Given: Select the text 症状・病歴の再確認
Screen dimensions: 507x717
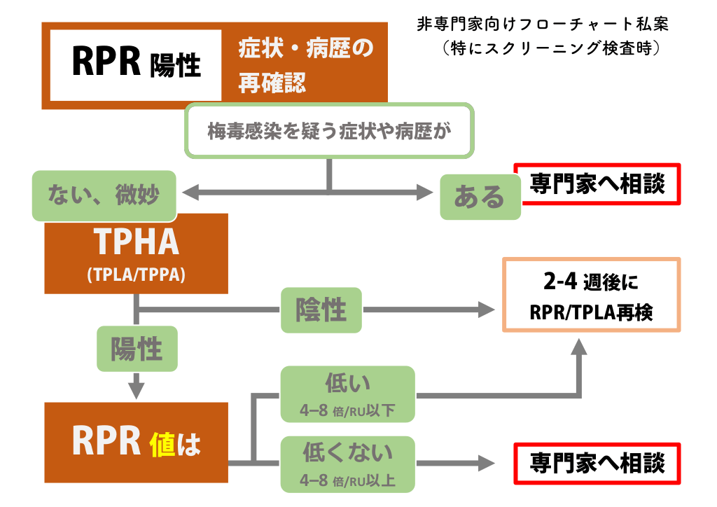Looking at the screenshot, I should [306, 66].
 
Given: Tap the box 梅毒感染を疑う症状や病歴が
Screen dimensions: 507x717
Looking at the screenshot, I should [329, 131].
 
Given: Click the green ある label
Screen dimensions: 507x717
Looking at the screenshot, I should [480, 197].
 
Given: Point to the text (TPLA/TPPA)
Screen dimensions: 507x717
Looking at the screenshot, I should [137, 275].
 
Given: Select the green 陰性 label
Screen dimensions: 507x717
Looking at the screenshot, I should [321, 310].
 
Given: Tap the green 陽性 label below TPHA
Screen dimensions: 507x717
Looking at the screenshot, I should [137, 349].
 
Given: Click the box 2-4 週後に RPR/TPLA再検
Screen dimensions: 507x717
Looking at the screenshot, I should [591, 295].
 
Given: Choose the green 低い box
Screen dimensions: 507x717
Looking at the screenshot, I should [347, 394].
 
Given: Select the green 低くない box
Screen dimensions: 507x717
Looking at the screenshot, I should [347, 464].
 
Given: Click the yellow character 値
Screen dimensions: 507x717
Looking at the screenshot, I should [165, 443].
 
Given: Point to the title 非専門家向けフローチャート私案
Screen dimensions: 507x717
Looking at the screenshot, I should [541, 24].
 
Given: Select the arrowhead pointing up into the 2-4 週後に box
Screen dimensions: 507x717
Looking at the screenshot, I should [579, 345].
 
